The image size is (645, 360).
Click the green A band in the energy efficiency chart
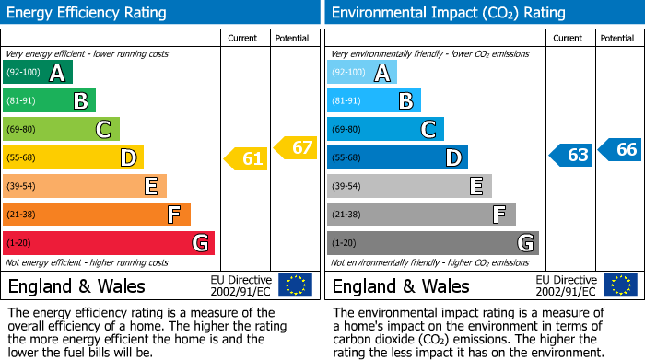coord(37,73)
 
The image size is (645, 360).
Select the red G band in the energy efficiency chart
coord(108,243)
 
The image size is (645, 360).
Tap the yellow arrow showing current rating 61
coord(246,158)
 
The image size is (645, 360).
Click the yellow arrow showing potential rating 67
coord(296,147)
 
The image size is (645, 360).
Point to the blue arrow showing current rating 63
coord(570,155)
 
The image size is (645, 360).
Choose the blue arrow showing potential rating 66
coord(620,149)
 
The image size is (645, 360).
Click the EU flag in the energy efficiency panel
coord(295,285)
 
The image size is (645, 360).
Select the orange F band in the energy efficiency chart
coord(96,215)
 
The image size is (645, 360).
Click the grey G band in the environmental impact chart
coord(432,243)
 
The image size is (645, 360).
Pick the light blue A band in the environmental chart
coord(361,73)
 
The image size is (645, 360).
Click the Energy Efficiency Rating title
coord(88,13)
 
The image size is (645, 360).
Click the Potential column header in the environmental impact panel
coord(617,38)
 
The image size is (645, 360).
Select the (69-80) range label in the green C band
coord(22,130)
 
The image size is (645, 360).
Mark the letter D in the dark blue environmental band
coord(453,158)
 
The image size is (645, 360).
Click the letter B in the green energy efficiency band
coord(81,101)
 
